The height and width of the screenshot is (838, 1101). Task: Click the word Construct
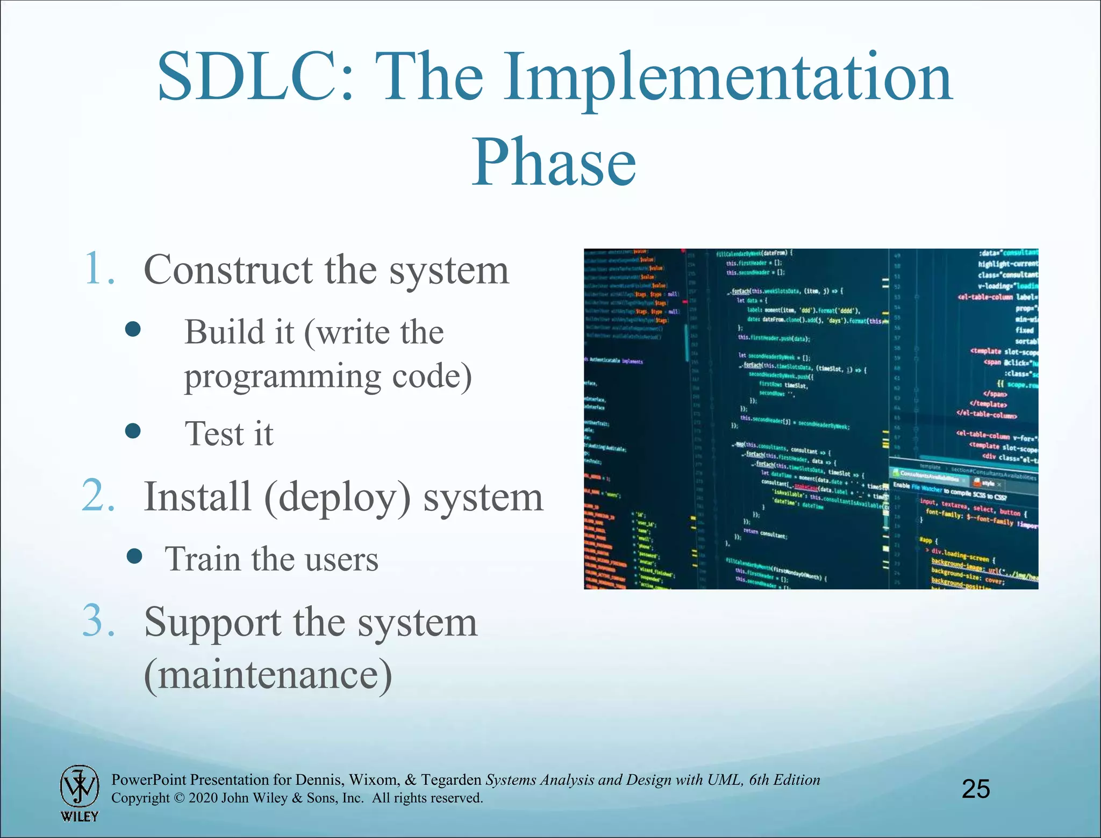pos(228,270)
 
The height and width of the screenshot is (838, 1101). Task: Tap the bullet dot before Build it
pos(133,329)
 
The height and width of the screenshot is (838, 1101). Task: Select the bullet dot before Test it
pos(133,430)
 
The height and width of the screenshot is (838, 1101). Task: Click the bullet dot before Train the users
pos(134,557)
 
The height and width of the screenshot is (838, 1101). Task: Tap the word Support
pos(212,623)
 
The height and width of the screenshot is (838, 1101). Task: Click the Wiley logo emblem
pos(79,787)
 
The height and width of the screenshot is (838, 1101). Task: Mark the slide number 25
pos(976,789)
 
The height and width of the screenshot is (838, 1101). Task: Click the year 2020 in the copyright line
pos(203,798)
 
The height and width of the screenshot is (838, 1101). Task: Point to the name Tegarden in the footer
pos(451,780)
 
